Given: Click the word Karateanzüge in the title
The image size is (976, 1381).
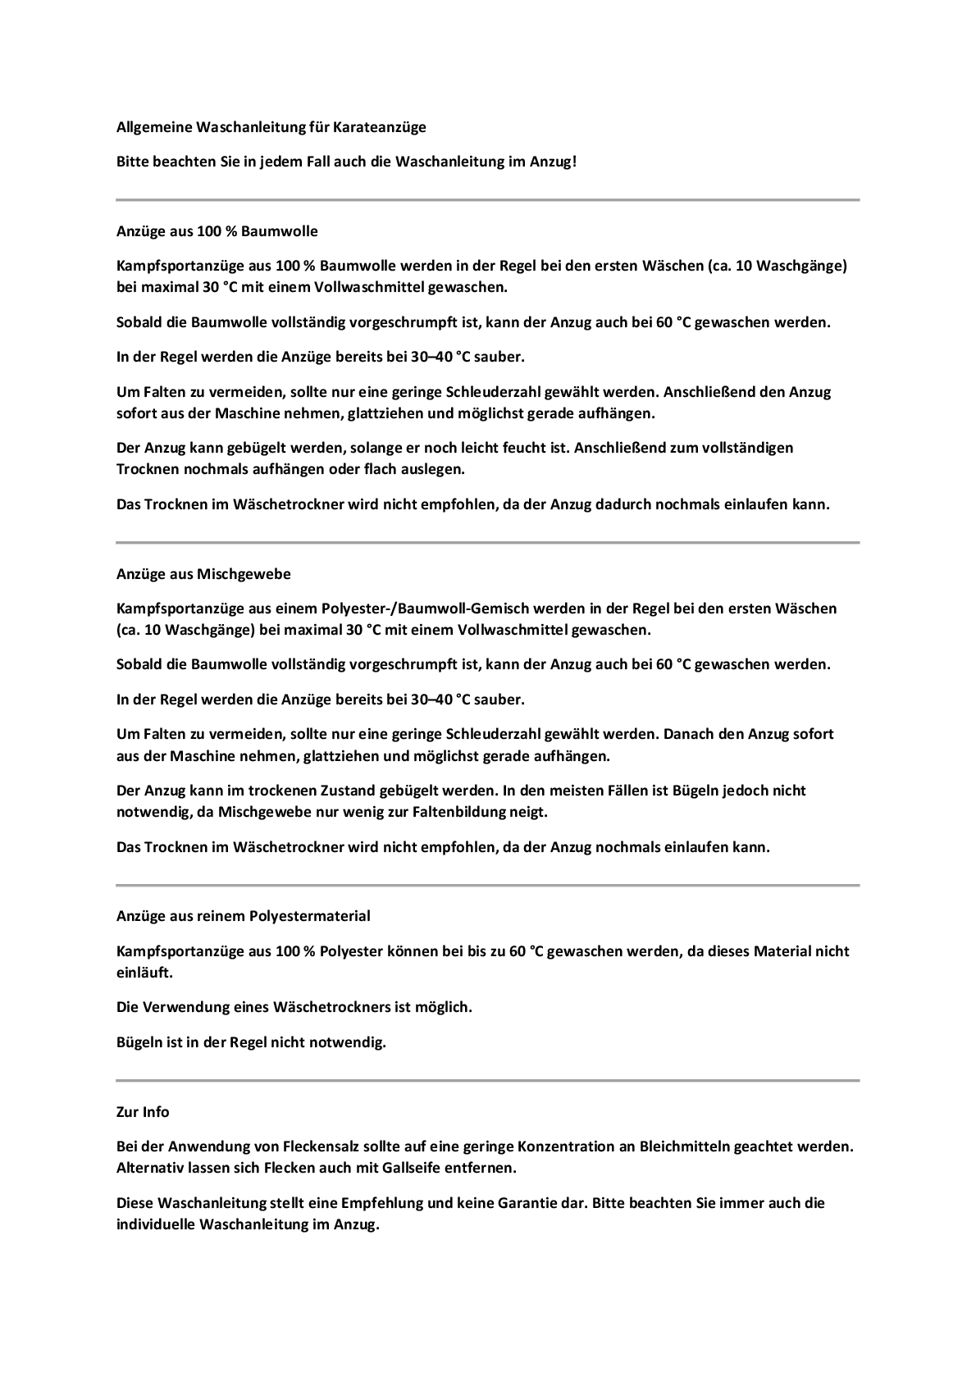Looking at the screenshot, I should tap(380, 127).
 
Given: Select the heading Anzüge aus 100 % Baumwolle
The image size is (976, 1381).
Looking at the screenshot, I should tap(217, 231).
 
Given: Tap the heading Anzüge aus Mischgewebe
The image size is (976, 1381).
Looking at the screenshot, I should tap(203, 574).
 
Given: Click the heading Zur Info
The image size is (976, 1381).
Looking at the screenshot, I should tap(143, 1112).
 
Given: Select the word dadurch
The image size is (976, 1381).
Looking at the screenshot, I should tap(618, 504).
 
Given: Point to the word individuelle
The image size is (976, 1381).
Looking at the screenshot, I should tap(156, 1224).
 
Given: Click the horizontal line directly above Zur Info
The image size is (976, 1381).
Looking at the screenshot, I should tap(487, 1080).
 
